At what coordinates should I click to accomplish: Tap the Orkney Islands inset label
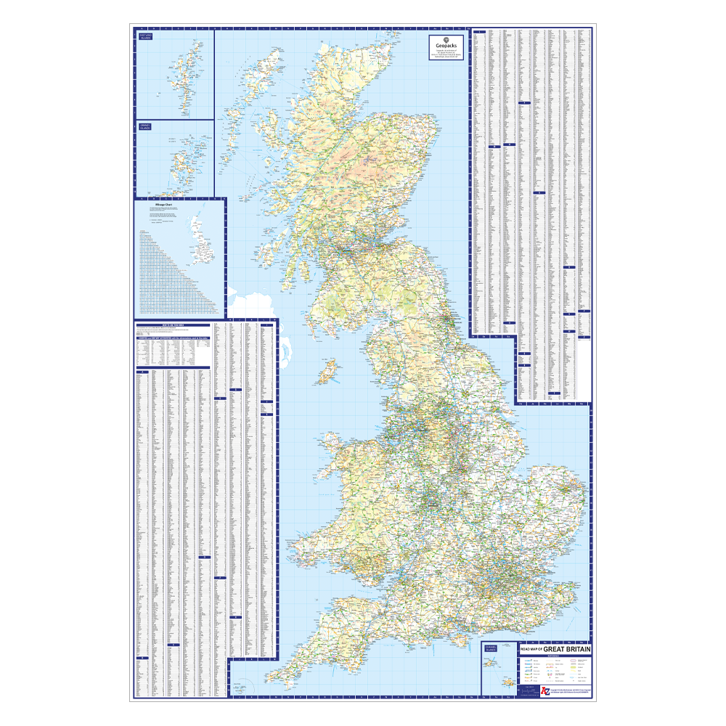coord(144,128)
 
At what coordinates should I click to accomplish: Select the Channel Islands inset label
coord(490,648)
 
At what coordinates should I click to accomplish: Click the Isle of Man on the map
coord(328,370)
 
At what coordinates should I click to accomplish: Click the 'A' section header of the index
coord(143,372)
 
